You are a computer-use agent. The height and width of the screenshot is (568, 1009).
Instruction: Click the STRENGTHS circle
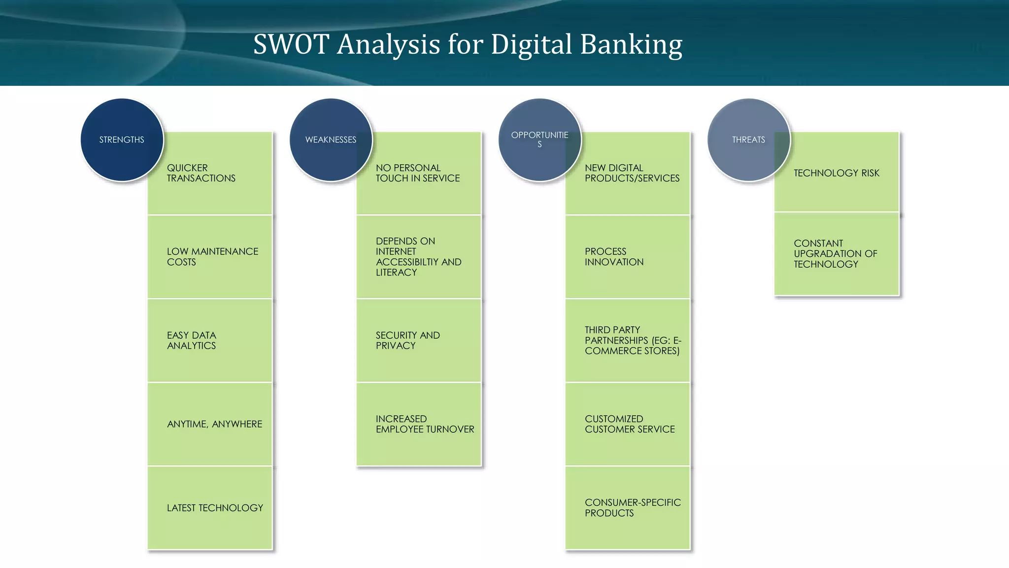pyautogui.click(x=122, y=140)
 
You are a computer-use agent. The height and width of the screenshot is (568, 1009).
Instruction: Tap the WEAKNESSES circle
pyautogui.click(x=331, y=140)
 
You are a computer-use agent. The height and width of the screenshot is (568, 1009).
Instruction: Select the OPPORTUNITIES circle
pyautogui.click(x=539, y=140)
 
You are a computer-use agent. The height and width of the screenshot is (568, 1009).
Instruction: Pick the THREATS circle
pyautogui.click(x=748, y=140)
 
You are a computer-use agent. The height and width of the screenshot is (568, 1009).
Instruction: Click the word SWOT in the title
pyautogui.click(x=291, y=44)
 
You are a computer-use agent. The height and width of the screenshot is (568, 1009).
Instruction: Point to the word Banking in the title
pyautogui.click(x=631, y=44)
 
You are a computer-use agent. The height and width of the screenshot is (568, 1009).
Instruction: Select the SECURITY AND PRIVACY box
pyautogui.click(x=419, y=341)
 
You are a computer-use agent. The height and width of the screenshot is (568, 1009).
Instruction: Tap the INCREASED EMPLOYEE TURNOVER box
pyautogui.click(x=419, y=424)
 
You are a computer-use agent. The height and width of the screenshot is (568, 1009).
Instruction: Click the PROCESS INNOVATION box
pyautogui.click(x=628, y=257)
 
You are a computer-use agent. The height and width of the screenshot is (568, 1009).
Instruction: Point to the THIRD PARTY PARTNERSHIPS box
pyautogui.click(x=628, y=341)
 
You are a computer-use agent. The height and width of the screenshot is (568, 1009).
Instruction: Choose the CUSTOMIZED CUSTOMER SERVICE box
pyautogui.click(x=628, y=424)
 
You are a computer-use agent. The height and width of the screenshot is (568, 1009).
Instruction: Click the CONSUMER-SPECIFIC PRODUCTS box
pyautogui.click(x=628, y=508)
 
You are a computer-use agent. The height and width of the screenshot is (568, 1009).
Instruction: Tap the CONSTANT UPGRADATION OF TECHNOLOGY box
pyautogui.click(x=837, y=254)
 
